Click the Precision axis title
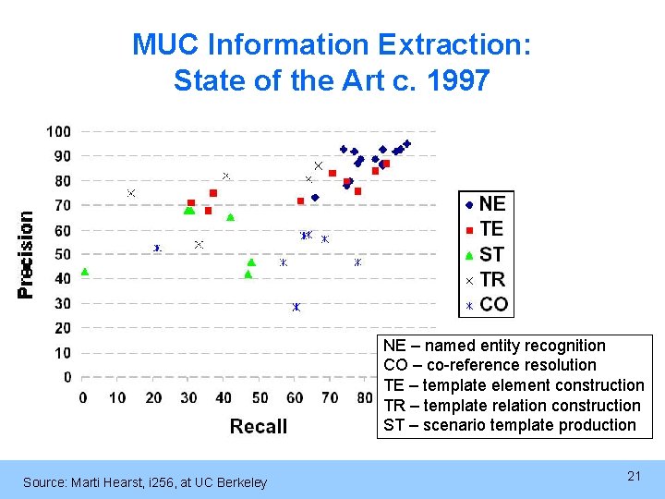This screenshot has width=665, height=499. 26,254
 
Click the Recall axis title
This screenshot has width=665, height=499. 258,426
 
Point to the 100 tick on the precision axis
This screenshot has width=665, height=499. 59,131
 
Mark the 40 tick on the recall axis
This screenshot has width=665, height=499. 224,398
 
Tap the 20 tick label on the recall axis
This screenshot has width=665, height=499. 154,398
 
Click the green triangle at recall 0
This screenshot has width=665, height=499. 84,272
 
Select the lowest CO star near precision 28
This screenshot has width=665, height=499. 296,307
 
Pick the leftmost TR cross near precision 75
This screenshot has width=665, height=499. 131,193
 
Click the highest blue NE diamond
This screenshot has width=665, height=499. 407,144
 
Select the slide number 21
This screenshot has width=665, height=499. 634,476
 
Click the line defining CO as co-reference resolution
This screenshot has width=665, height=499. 490,365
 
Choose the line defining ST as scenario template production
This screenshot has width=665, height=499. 509,425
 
